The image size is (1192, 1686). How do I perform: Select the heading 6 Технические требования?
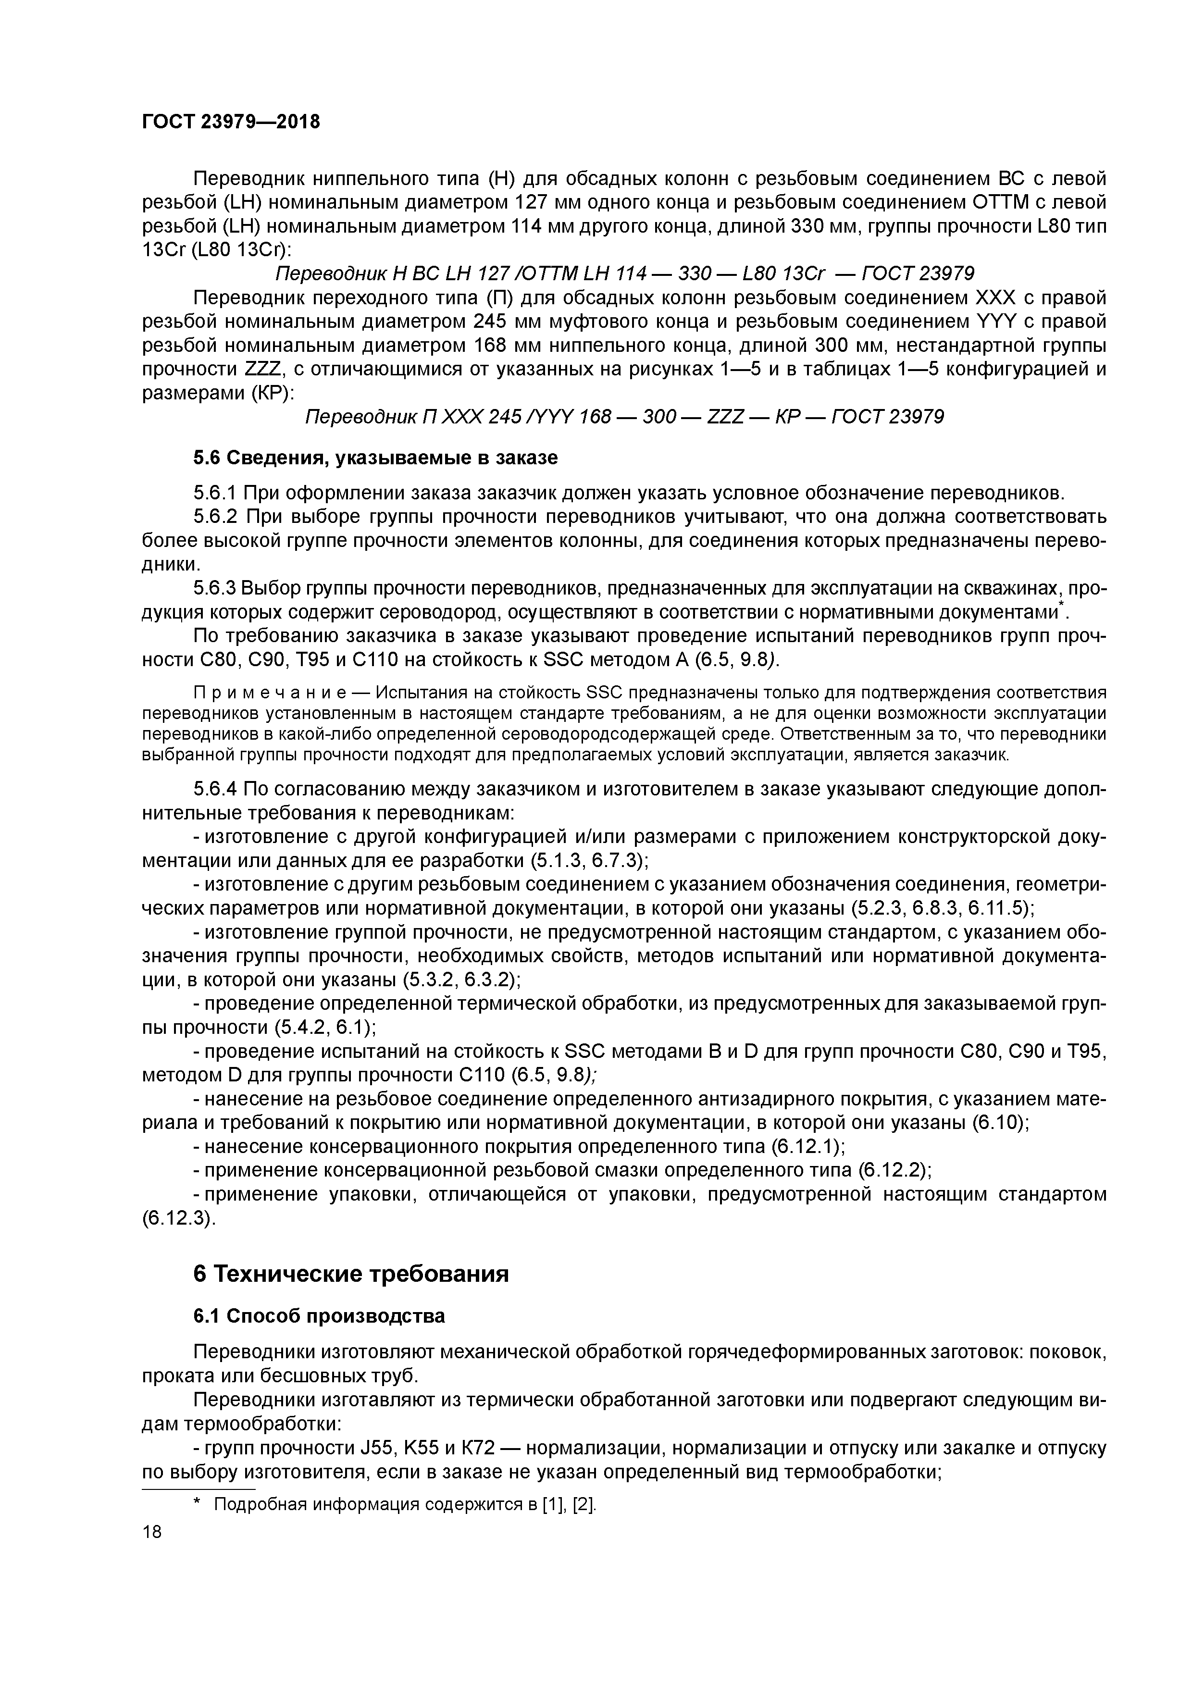coord(351,1273)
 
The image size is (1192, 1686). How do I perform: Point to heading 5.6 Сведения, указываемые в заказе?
coord(375,458)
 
